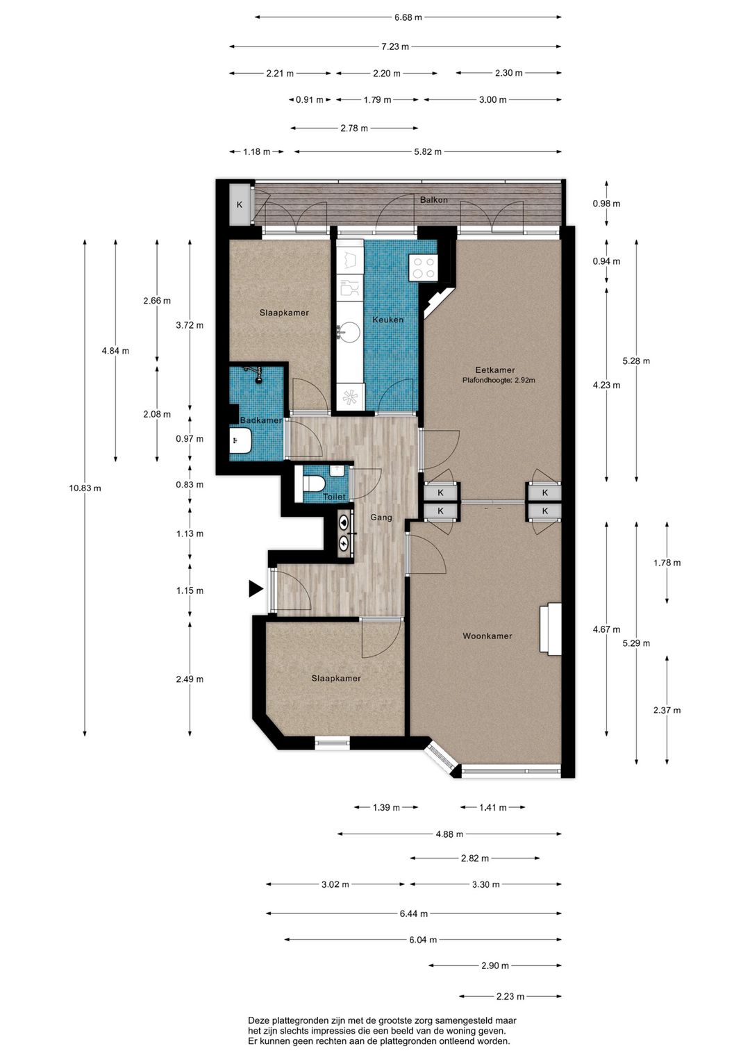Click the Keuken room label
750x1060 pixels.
point(387,320)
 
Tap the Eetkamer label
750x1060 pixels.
point(495,370)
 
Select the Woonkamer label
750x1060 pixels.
point(487,636)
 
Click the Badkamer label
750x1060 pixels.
point(260,420)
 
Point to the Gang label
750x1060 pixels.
point(381,517)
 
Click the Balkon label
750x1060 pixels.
point(433,199)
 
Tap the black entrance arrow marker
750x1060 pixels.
point(256,588)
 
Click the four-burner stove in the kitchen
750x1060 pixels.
point(424,267)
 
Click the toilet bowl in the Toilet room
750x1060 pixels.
point(312,484)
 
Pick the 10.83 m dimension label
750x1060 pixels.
point(85,488)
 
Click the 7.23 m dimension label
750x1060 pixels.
point(395,47)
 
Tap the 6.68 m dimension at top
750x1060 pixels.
point(408,17)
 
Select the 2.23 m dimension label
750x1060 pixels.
point(510,997)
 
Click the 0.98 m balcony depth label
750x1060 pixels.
point(606,204)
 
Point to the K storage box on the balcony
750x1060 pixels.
point(240,205)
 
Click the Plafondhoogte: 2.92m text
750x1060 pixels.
point(499,380)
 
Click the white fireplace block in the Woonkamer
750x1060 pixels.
point(551,629)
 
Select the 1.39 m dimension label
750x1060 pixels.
point(386,807)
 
